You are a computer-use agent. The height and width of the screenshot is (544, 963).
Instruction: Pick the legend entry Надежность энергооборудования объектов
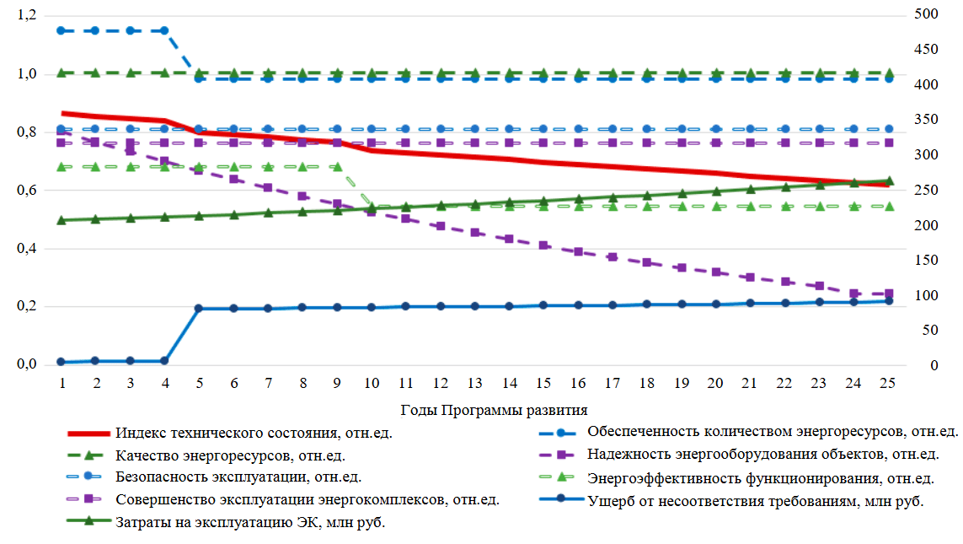pyautogui.click(x=763, y=455)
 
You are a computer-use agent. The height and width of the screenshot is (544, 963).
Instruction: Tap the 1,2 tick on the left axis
pyautogui.click(x=26, y=16)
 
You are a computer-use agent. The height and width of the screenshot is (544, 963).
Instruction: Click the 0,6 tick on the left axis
pyautogui.click(x=26, y=191)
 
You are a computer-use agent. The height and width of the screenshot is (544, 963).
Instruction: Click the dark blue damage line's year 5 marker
pyautogui.click(x=199, y=309)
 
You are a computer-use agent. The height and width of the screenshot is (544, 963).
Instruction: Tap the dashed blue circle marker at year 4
pyautogui.click(x=164, y=30)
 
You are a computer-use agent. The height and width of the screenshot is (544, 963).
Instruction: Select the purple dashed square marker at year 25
pyautogui.click(x=887, y=294)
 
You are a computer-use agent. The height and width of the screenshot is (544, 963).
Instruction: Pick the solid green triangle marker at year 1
pyautogui.click(x=61, y=220)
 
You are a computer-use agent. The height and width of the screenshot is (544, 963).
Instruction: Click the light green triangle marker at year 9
pyautogui.click(x=336, y=167)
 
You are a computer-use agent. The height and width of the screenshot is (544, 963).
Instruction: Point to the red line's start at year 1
pyautogui.click(x=62, y=113)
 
